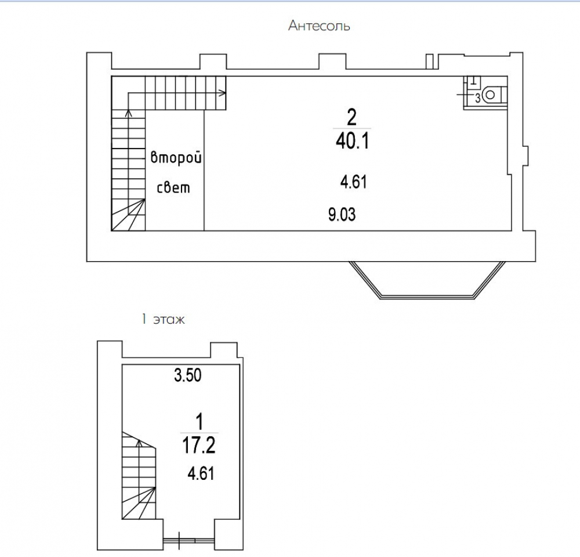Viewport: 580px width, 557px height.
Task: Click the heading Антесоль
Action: click(x=319, y=26)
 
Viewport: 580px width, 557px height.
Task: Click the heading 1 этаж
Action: click(x=163, y=319)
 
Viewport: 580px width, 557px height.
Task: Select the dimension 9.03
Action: click(x=342, y=215)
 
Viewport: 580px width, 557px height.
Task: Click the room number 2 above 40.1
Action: click(x=351, y=117)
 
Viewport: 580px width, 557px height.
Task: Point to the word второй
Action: click(x=176, y=158)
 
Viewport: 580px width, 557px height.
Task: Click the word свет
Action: click(x=173, y=187)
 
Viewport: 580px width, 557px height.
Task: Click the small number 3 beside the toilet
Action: click(x=477, y=99)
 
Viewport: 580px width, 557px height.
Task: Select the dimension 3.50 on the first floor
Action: click(x=187, y=375)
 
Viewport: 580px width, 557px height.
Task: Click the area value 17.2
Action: click(x=198, y=445)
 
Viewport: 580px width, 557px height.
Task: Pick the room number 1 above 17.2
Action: click(x=200, y=422)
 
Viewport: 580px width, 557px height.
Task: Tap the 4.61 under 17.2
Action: click(x=201, y=473)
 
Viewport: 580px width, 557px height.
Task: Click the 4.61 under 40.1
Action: click(x=354, y=182)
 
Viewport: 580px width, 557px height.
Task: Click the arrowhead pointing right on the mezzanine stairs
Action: click(x=223, y=93)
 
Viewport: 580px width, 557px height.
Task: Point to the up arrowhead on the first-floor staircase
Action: click(x=139, y=443)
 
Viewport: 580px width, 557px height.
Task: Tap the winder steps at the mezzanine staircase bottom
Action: click(x=128, y=215)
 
